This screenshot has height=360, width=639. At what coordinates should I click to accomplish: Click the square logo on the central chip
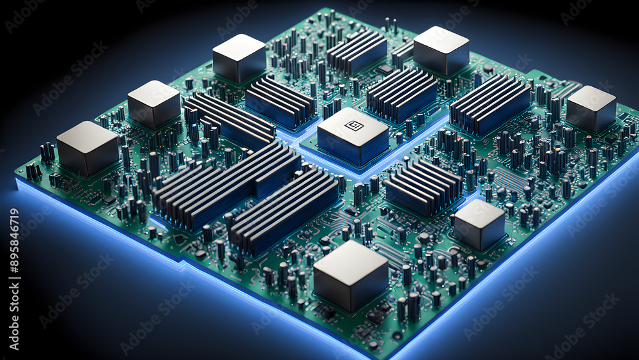[353, 125]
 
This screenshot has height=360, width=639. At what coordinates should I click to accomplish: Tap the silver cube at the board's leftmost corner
[87, 148]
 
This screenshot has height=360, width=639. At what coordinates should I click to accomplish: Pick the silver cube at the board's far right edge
[591, 108]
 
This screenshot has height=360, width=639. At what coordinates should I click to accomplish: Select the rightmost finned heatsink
[490, 104]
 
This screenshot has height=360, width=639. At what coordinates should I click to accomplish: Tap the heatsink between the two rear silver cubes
[357, 51]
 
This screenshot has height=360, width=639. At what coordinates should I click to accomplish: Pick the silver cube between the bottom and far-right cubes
[480, 224]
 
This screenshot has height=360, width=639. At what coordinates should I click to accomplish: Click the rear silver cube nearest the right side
[441, 51]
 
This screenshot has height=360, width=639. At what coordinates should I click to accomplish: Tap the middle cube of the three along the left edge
[153, 104]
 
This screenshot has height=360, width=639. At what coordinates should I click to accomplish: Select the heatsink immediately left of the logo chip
[281, 102]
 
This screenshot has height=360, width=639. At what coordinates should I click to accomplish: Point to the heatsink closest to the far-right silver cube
[490, 104]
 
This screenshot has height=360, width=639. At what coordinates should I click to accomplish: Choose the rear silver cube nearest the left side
[239, 58]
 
